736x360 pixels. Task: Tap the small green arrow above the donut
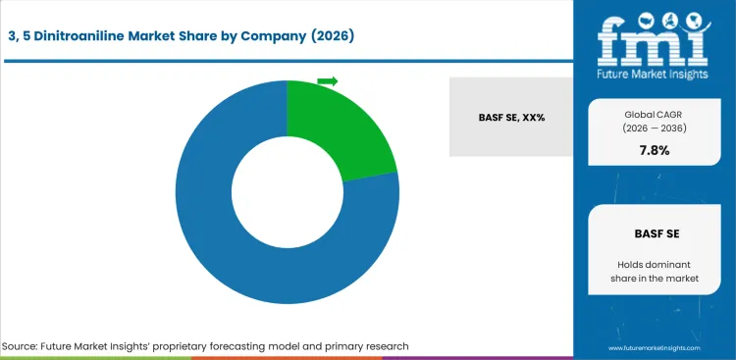[328, 80]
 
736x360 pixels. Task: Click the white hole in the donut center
[287, 192]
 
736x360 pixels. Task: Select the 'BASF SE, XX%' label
[512, 117]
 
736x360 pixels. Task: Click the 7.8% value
[654, 151]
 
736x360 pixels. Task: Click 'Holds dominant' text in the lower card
[654, 264]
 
